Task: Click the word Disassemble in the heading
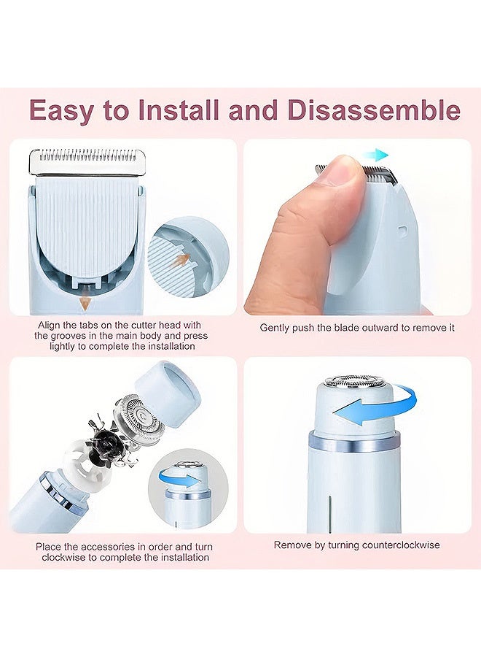click(x=374, y=109)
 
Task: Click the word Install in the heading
click(x=179, y=109)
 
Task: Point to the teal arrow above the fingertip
click(x=375, y=155)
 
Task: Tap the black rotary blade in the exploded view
click(x=107, y=440)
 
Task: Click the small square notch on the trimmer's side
click(x=402, y=231)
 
